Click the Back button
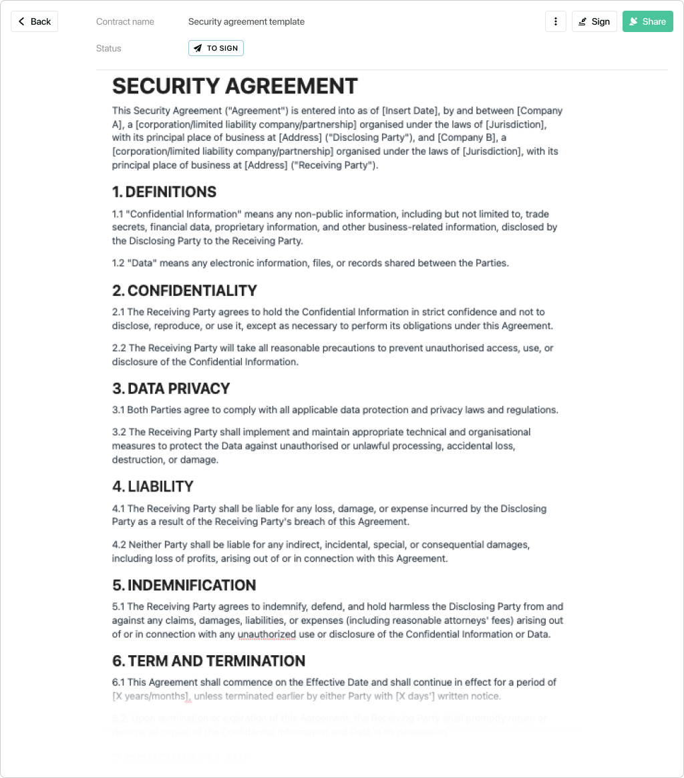35,21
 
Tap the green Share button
647,21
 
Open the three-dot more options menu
556,21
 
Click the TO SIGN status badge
216,48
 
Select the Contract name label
125,21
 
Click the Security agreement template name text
246,21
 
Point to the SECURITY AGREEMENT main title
235,86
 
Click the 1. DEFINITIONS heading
164,192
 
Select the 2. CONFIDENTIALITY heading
184,290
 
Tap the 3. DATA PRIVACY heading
171,389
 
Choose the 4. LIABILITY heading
153,487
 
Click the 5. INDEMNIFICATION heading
184,586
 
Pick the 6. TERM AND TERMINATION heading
208,661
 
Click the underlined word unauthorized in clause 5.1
267,634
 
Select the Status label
109,48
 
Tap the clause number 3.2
119,432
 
